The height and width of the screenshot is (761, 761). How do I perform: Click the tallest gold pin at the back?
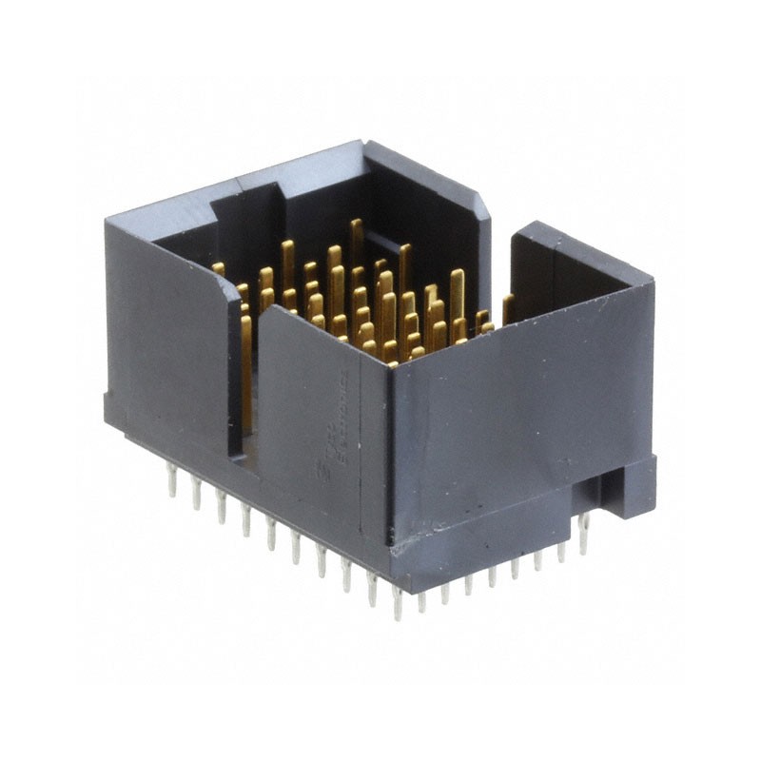tap(356, 243)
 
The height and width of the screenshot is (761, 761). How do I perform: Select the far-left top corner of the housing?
tap(107, 220)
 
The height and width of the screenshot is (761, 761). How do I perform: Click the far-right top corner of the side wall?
tap(653, 279)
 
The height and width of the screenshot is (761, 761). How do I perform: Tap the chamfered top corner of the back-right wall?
tap(481, 196)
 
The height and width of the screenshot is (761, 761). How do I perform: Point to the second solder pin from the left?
tap(196, 493)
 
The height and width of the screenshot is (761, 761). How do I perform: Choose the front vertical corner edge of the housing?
tap(393, 457)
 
